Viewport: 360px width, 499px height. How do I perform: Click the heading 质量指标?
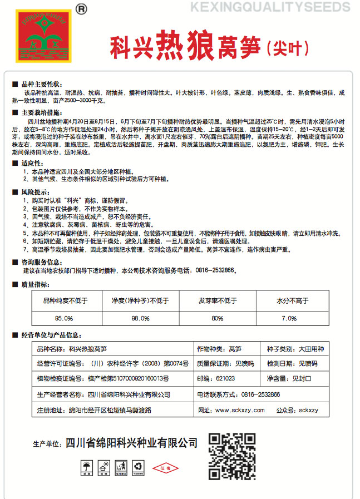(x=33, y=284)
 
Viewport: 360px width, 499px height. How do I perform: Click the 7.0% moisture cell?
(x=289, y=318)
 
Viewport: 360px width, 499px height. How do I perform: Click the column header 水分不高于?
(x=289, y=301)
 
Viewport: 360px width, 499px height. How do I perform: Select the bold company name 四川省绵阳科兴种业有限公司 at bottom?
(x=131, y=443)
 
